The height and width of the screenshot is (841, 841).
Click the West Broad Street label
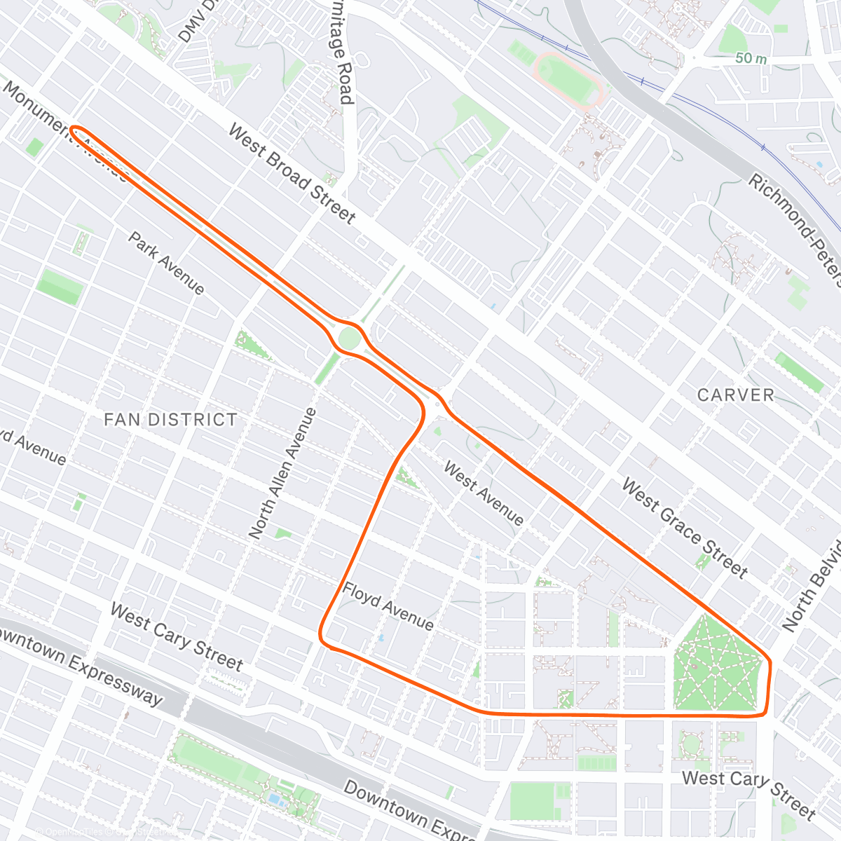click(x=292, y=174)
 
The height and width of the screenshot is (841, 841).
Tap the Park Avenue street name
click(x=166, y=264)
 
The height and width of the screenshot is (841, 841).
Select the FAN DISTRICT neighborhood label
click(x=170, y=420)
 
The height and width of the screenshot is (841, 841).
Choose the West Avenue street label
click(x=484, y=494)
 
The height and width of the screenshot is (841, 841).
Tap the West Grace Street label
click(x=685, y=528)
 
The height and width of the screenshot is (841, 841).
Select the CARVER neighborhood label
click(x=736, y=395)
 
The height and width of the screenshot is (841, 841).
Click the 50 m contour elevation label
click(x=751, y=59)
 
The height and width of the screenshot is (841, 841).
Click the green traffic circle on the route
click(x=349, y=339)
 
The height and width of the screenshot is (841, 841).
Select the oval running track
click(x=568, y=78)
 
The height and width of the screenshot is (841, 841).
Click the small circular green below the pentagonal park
click(x=691, y=744)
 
